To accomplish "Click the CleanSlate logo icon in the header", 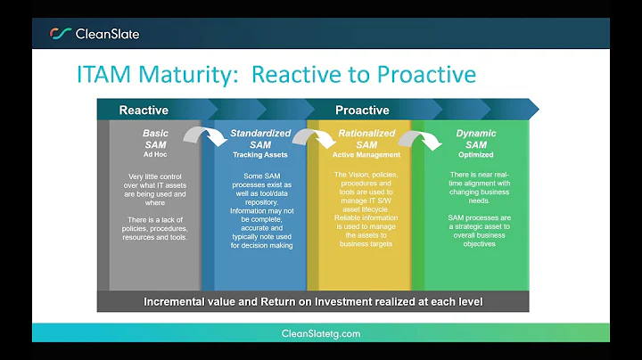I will coord(60,34).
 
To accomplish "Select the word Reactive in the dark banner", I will coord(144,110).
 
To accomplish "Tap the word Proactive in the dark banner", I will coord(362,110).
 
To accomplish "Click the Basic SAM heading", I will coord(156,139).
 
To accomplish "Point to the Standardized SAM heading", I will coord(260,139).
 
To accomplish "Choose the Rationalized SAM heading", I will coord(366,139).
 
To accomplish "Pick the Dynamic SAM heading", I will coord(476,139).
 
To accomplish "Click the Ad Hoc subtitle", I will coord(156,154).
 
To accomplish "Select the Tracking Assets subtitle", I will coord(260,154).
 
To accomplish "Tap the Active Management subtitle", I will coord(366,154).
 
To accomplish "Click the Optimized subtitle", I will coord(476,154).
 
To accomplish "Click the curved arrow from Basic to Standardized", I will coord(204,136).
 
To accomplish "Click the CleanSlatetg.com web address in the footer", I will coord(320,333).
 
